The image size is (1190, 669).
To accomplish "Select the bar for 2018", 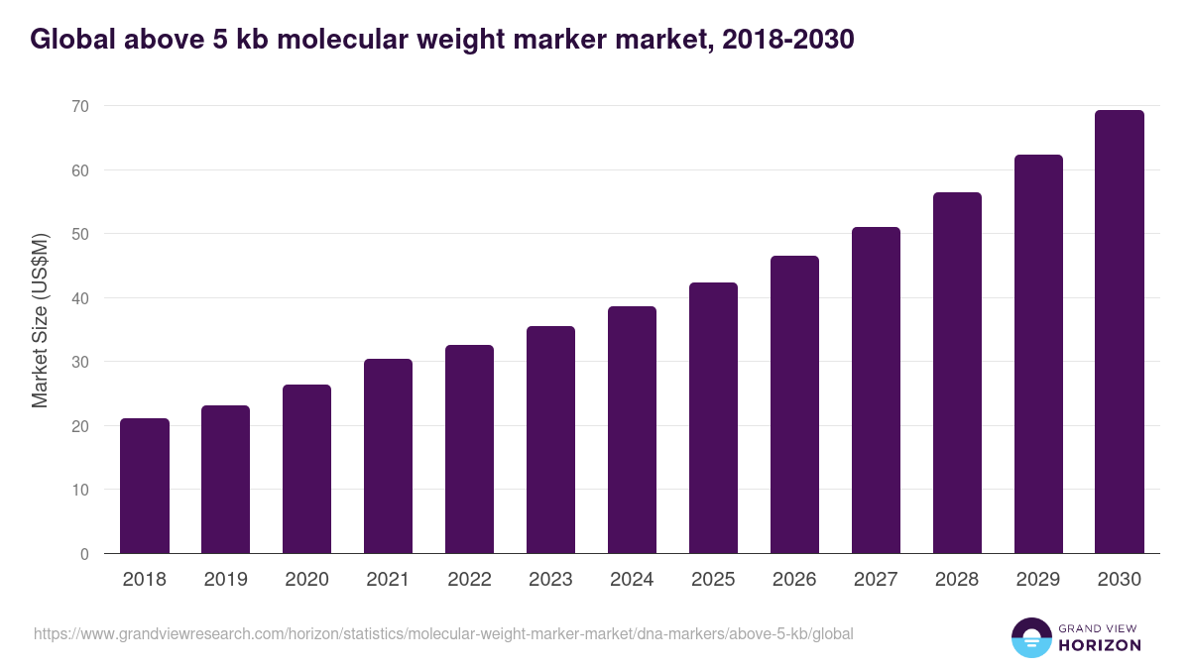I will coord(145,486).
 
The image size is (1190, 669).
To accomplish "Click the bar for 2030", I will coord(1120,332).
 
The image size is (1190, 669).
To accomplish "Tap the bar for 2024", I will coord(632,430).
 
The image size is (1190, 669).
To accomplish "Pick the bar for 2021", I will coord(388,456).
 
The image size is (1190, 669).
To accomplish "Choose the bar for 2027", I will coord(876,390).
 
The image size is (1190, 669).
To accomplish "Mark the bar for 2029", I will coord(1038,354).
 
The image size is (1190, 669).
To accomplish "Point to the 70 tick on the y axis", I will coord(80,106).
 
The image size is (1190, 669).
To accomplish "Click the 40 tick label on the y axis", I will coord(80,298).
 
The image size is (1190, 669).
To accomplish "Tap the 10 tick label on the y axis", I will coord(80,490).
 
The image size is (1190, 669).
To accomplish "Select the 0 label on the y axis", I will coord(84,554).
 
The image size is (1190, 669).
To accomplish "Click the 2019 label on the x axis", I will coord(226,580).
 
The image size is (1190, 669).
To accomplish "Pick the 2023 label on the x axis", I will coord(550,580).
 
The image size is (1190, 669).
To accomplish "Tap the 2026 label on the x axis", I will coord(794,580).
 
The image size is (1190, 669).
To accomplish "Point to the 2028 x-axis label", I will coord(957,580).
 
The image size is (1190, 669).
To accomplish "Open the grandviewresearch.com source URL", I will coord(443,633).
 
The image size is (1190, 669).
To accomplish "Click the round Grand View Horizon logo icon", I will coord(1031,637).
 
